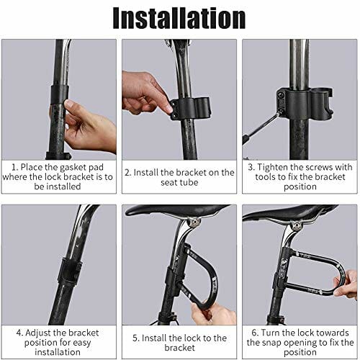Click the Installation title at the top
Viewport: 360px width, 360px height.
[179, 18]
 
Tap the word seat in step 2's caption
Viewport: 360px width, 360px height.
[169, 183]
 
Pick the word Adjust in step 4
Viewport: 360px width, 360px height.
[38, 333]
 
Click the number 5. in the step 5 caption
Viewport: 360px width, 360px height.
[136, 338]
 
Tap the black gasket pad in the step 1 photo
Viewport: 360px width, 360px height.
[59, 95]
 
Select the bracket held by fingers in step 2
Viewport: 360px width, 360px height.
[190, 108]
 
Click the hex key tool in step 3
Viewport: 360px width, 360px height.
[261, 127]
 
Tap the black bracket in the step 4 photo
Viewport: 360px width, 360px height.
[70, 271]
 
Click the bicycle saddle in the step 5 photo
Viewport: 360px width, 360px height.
[177, 210]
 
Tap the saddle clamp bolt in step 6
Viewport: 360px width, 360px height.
[297, 226]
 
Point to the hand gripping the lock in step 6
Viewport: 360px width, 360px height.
[346, 284]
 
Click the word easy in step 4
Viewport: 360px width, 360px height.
[82, 343]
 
